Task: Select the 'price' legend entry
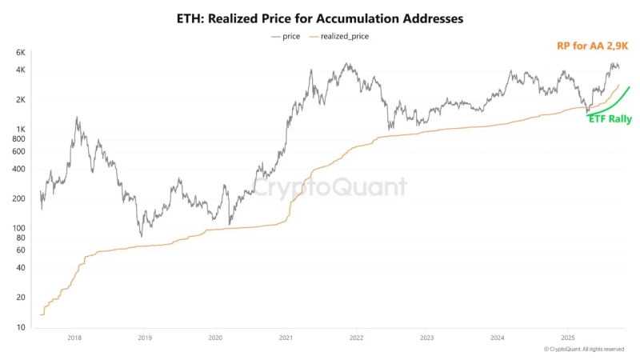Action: point(286,36)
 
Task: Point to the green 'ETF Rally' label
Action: point(610,119)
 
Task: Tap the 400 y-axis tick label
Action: point(18,170)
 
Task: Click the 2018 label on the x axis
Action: point(74,338)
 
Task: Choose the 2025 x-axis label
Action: point(568,338)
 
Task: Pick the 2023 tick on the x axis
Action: point(426,338)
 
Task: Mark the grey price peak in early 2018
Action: point(77,118)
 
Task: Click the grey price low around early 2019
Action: point(141,235)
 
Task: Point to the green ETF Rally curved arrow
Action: point(612,100)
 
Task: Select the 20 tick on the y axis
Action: point(20,298)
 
